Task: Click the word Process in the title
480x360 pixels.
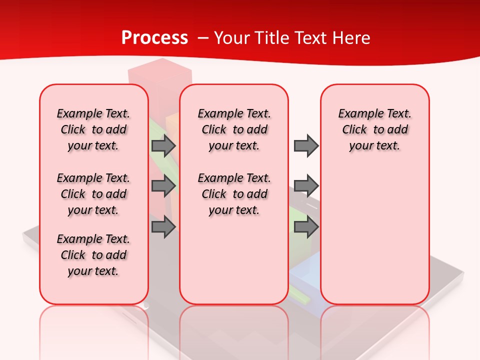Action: pos(154,38)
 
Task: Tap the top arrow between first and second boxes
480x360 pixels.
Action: pos(163,145)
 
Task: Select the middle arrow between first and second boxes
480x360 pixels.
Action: pos(163,185)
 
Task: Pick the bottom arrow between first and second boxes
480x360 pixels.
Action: pos(163,227)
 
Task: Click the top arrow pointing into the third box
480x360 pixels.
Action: pos(306,145)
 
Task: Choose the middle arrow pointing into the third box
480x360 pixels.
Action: pos(306,185)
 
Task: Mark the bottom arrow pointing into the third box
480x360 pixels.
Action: pos(306,227)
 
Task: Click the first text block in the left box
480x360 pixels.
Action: pos(93,129)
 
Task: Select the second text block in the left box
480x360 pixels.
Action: pos(93,194)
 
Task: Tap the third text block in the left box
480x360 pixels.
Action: pos(93,255)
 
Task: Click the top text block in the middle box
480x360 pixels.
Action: pos(234,129)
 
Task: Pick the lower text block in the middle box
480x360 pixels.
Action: pos(234,194)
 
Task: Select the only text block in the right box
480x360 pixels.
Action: pos(374,129)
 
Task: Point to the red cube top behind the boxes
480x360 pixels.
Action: pos(160,70)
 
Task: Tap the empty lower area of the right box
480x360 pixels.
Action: pos(374,240)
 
